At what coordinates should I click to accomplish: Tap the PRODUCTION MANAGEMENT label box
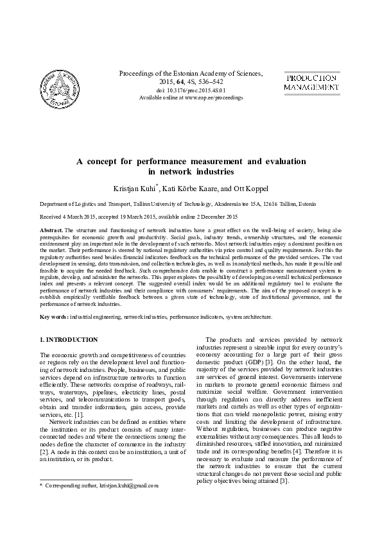tap(311, 81)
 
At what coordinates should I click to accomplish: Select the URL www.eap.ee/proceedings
tap(213, 97)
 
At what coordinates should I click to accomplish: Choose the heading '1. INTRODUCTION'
tap(69, 339)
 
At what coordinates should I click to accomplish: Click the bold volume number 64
tap(171, 82)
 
